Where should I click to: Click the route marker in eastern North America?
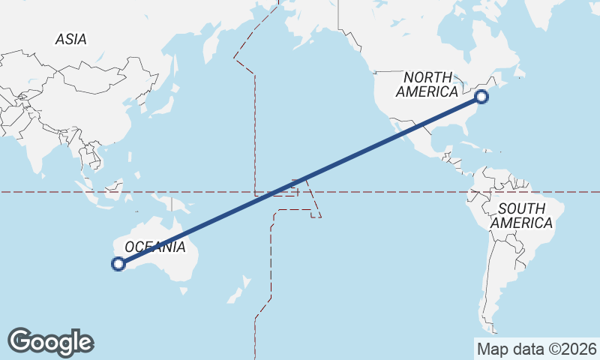pyautogui.click(x=481, y=96)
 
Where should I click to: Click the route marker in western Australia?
pyautogui.click(x=118, y=263)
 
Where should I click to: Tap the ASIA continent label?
pyautogui.click(x=70, y=39)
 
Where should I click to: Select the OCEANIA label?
pyautogui.click(x=154, y=247)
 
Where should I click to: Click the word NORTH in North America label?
pyautogui.click(x=428, y=77)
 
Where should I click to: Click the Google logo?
pyautogui.click(x=50, y=341)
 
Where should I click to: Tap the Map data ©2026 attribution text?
pyautogui.click(x=536, y=349)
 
